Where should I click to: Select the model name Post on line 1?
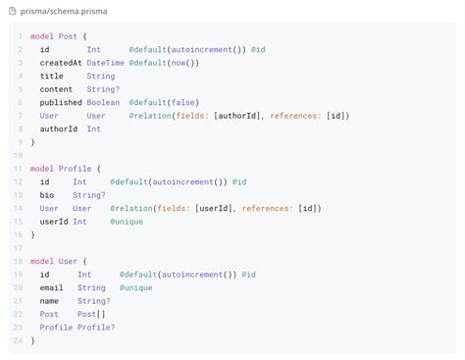point(68,35)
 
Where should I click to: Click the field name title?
point(51,76)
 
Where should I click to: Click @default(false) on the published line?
point(162,102)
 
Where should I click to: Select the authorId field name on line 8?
point(58,129)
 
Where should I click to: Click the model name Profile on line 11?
point(75,169)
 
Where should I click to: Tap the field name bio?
point(46,195)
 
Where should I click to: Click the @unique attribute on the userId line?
point(127,222)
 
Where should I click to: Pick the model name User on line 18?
point(68,261)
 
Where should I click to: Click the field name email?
point(51,287)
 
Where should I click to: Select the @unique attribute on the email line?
point(136,287)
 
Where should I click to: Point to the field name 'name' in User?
point(49,301)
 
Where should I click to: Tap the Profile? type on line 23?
point(98,328)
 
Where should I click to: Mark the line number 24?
point(19,340)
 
